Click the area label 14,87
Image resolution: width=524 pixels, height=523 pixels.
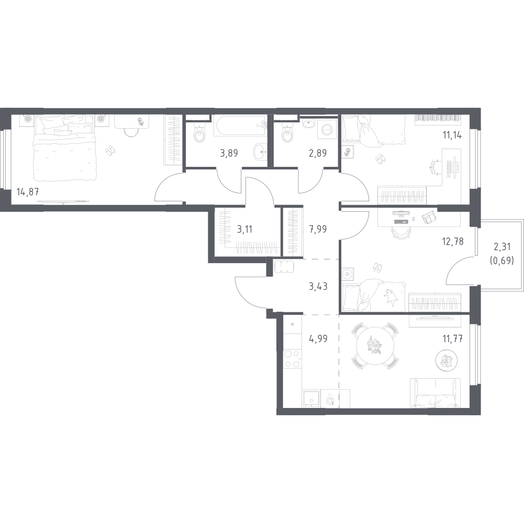point(28,192)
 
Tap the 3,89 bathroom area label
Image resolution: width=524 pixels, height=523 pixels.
point(229,153)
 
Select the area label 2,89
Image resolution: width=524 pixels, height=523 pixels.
point(317,153)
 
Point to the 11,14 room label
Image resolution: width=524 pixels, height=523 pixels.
point(452,135)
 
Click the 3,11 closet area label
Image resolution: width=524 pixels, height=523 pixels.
point(244,230)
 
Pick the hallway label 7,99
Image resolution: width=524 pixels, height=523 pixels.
point(317,230)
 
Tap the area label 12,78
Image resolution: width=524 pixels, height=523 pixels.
point(452,241)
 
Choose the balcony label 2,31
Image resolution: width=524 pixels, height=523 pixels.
point(502,247)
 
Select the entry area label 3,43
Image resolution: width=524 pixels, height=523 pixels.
point(318,287)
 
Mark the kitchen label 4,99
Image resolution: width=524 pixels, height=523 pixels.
point(318,339)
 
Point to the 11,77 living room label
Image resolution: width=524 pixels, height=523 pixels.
point(452,339)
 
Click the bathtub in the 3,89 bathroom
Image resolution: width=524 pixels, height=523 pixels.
point(240,126)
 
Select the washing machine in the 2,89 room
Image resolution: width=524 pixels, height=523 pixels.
point(327,129)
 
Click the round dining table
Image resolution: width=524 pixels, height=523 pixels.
point(375,346)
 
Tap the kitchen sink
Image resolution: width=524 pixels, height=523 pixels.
point(311,399)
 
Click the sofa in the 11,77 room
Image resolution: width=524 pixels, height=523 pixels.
point(435,393)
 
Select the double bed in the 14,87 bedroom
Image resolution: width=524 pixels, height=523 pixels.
point(64,148)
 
